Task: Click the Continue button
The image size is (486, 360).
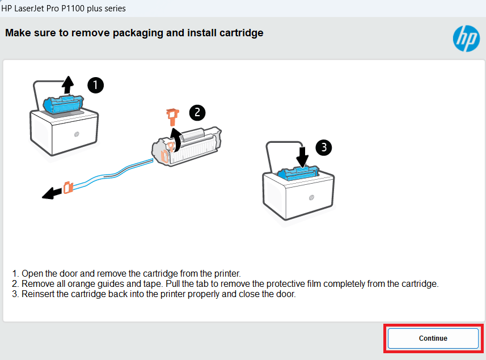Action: (x=433, y=338)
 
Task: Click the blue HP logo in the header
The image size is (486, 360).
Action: (x=466, y=39)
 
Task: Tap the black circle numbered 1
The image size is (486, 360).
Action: (x=95, y=86)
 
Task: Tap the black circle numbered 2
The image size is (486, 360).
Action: (x=197, y=112)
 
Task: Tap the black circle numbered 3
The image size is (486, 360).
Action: (x=323, y=148)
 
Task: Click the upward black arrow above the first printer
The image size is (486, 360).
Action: (x=67, y=84)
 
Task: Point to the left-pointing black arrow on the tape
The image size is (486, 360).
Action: (x=52, y=194)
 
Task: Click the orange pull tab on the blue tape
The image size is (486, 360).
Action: (x=68, y=187)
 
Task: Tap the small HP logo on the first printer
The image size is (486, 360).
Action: (x=77, y=136)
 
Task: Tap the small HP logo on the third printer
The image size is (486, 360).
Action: (x=311, y=197)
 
